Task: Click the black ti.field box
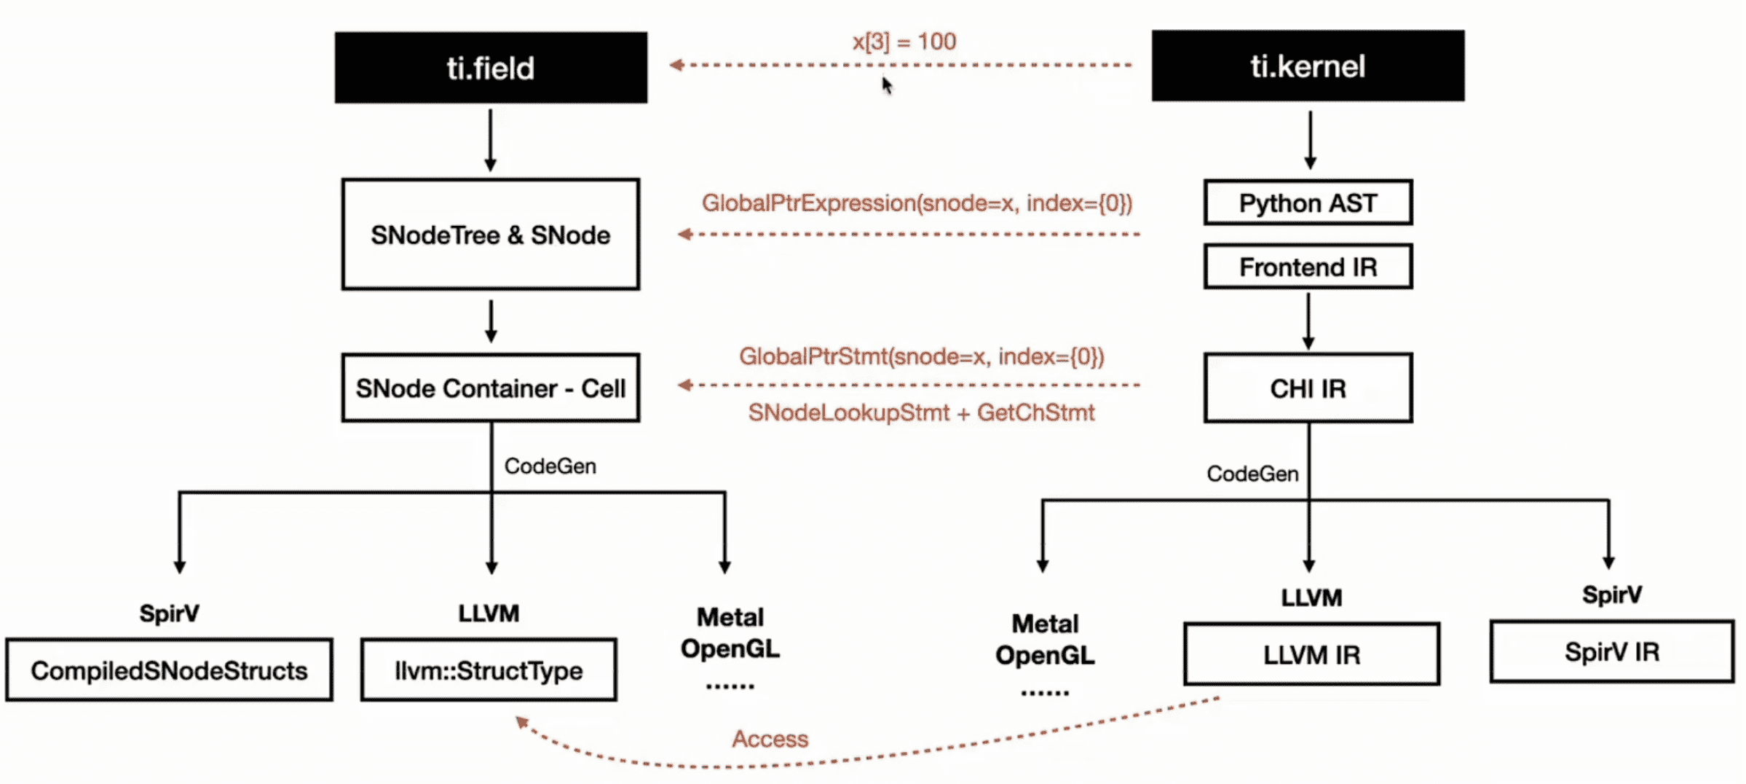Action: click(x=491, y=67)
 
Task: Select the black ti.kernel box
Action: click(x=1308, y=66)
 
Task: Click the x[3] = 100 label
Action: click(x=904, y=42)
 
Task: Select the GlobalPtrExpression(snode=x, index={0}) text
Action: click(x=917, y=203)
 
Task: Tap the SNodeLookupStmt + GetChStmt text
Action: click(x=921, y=412)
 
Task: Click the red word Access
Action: click(x=770, y=739)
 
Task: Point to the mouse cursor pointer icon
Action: click(x=887, y=85)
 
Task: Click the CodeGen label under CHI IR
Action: click(x=1252, y=474)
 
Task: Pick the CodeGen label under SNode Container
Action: click(x=550, y=466)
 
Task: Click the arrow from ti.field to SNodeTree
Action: click(x=490, y=140)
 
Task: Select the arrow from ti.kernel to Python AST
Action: click(x=1310, y=140)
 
